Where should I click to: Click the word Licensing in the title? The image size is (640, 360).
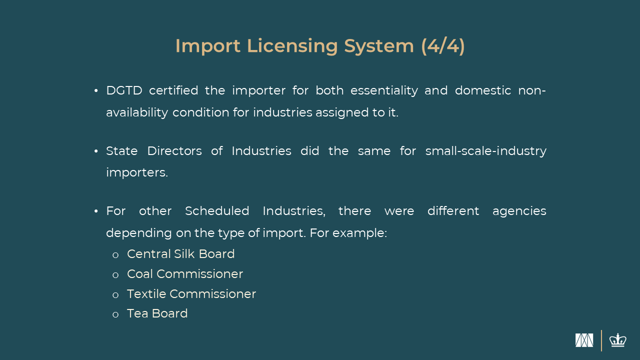292,46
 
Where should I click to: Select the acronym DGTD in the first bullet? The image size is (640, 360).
124,90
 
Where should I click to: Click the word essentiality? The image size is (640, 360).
384,91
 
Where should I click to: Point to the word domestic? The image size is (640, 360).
483,90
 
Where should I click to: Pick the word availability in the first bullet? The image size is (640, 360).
137,113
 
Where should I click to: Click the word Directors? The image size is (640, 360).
174,151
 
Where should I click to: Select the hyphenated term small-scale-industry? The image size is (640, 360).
485,151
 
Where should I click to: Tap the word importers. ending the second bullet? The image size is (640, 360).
137,173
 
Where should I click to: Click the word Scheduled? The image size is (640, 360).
217,211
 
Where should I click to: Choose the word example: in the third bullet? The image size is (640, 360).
359,233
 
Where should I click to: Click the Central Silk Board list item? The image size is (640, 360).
180,254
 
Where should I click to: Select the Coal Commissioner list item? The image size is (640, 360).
185,274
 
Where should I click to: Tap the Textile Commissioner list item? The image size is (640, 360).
191,294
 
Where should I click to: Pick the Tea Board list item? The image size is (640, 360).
157,313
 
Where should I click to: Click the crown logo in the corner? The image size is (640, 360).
618,340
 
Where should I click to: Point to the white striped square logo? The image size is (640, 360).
584,340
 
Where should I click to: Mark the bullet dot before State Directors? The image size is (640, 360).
96,151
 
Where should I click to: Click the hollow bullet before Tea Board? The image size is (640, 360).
115,315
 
